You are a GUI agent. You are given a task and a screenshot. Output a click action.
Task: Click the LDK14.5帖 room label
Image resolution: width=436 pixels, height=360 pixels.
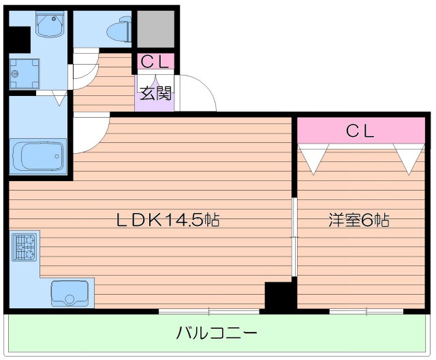167,220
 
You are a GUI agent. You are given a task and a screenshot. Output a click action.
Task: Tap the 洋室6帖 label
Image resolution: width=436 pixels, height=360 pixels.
359,220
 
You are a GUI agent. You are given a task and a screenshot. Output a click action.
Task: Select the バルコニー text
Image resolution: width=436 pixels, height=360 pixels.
217,333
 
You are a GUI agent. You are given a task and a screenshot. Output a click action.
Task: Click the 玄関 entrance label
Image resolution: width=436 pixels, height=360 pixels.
156,93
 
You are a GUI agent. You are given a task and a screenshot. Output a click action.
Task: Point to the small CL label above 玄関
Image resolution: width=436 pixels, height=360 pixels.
156,62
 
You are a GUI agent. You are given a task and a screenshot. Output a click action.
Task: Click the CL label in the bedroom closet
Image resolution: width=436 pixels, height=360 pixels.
360,131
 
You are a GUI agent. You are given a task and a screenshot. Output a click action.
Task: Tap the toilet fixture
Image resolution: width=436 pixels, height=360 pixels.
120,29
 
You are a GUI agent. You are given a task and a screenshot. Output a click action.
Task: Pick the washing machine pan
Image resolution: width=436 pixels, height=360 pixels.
24,73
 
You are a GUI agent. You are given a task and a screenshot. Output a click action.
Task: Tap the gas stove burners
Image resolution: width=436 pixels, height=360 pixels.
25,247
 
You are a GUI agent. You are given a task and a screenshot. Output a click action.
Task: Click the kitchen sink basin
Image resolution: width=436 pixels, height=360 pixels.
69,293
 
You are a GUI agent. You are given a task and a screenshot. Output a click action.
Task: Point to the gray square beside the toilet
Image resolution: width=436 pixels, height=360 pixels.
156,29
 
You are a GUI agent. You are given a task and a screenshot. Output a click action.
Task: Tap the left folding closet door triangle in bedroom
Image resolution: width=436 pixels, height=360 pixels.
313,158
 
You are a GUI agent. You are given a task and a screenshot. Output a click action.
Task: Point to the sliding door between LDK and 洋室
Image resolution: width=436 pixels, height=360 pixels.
294,237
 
